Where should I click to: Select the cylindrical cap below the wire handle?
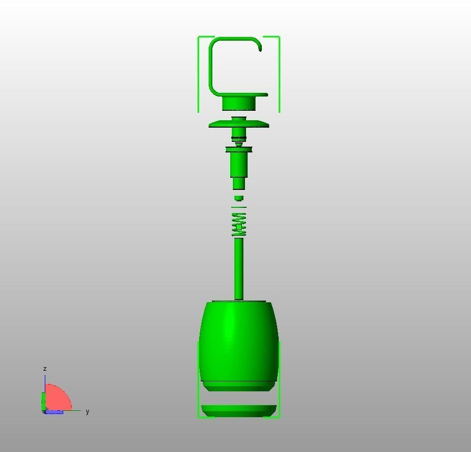(x=239, y=103)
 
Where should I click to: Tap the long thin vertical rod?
(x=239, y=269)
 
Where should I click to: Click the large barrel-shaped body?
(x=239, y=343)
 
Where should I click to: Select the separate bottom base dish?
(x=239, y=411)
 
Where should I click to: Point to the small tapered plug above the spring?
(x=239, y=198)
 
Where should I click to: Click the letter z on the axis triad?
(x=45, y=369)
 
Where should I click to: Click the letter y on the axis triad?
(x=87, y=411)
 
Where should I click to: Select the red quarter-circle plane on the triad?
(x=58, y=398)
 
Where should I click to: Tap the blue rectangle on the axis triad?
(x=54, y=412)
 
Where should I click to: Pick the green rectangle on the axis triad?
(x=44, y=401)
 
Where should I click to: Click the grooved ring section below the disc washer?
(x=239, y=139)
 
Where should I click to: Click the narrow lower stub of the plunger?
(x=239, y=184)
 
